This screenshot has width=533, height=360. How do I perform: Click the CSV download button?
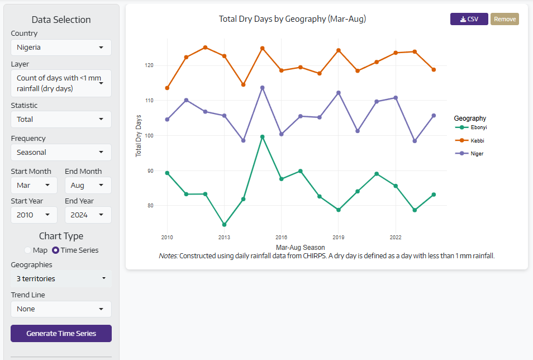(469, 19)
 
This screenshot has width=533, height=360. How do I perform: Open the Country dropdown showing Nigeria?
(61, 48)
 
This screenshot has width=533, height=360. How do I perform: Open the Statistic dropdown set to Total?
(61, 119)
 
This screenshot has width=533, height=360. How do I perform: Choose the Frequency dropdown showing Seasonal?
(61, 152)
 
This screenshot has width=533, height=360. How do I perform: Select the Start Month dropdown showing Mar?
(34, 185)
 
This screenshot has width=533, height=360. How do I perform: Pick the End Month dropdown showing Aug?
(88, 185)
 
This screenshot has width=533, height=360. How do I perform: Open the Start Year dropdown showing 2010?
(34, 215)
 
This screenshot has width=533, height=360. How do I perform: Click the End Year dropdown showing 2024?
(88, 215)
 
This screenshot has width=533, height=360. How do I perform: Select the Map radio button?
(28, 250)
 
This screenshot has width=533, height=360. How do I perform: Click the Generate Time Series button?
(61, 333)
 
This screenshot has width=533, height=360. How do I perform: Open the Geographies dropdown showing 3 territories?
(61, 278)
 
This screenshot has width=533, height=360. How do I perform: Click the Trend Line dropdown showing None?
(61, 309)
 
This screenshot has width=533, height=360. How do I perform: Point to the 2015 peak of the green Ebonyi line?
(262, 137)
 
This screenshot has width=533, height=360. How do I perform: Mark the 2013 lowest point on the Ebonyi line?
(224, 225)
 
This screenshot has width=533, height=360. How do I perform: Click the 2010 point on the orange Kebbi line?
(167, 88)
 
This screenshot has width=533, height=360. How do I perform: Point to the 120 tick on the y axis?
(149, 65)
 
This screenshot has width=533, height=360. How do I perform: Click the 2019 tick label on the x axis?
(338, 237)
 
